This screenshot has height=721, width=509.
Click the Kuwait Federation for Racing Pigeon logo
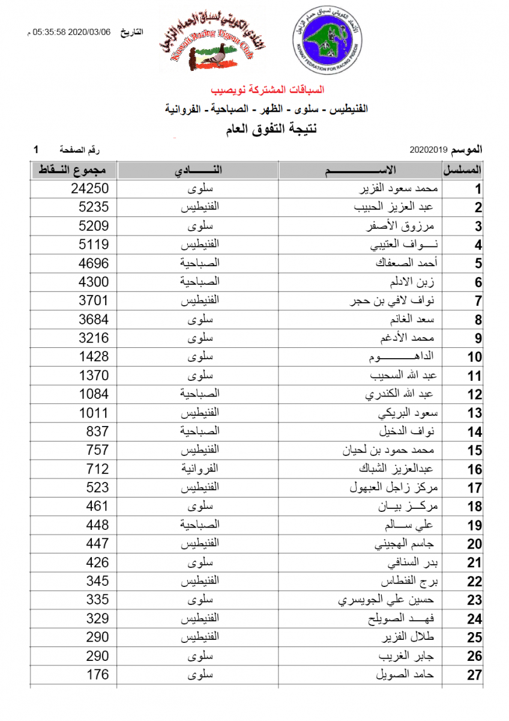[x=328, y=41]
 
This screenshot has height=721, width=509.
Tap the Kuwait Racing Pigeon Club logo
[x=213, y=43]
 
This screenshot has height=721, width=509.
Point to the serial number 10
[x=475, y=357]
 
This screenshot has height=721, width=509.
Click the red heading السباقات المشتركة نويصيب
[x=268, y=90]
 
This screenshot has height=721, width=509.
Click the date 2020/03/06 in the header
[x=91, y=32]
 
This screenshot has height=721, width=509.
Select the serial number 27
[x=475, y=675]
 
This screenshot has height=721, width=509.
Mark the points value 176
[x=97, y=674]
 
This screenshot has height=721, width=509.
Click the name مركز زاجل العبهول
[x=395, y=488]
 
